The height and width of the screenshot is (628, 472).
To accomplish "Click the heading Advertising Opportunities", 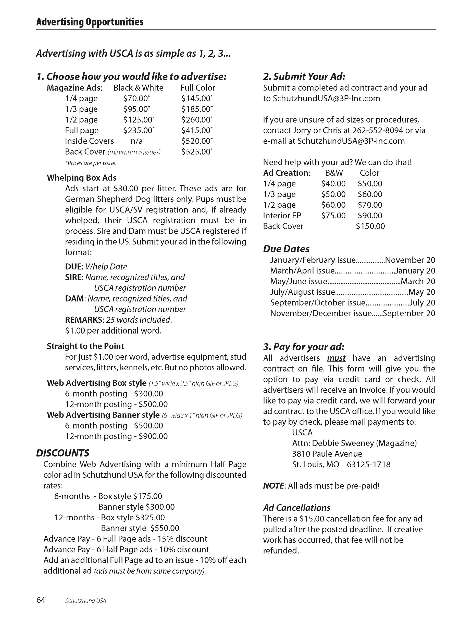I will (x=90, y=22).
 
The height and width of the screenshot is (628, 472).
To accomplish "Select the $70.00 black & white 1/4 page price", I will (x=136, y=98).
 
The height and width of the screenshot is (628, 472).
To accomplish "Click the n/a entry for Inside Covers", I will (x=136, y=141).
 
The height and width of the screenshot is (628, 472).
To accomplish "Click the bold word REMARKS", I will (x=84, y=320).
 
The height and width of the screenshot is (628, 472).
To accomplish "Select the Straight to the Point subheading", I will (x=85, y=346).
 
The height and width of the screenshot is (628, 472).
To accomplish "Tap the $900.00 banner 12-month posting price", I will (x=153, y=436).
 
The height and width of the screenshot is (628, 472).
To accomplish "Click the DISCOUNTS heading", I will (x=63, y=453).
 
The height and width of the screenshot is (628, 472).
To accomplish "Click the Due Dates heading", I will (x=286, y=249).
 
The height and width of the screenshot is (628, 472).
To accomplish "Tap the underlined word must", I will (x=336, y=358).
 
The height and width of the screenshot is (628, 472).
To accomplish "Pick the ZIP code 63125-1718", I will (x=369, y=464).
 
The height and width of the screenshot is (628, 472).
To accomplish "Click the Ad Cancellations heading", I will (x=296, y=508).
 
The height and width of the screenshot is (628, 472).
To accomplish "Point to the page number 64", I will (x=41, y=600).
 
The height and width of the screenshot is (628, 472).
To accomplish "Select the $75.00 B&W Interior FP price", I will (x=333, y=216).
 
